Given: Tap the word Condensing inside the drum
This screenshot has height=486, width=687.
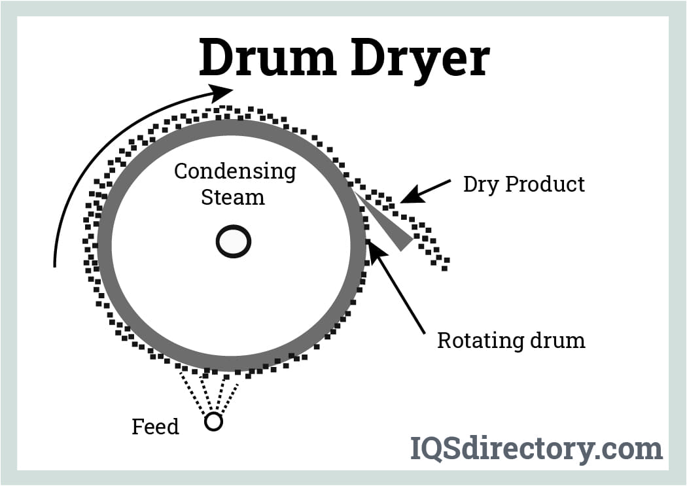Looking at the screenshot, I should [235, 172].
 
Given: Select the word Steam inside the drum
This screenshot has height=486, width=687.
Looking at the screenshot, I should [232, 197].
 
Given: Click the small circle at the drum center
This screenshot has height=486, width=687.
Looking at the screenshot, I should [234, 242].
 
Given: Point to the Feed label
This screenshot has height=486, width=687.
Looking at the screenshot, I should [155, 427].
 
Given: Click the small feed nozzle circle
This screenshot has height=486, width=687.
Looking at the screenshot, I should [213, 422].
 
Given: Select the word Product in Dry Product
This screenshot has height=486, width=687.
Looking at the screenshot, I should [548, 184].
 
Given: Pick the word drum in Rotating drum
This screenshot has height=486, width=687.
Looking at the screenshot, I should [558, 341].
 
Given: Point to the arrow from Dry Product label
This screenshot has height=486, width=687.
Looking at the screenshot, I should [426, 191].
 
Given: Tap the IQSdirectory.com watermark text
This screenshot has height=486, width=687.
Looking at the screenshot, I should [536, 449].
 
